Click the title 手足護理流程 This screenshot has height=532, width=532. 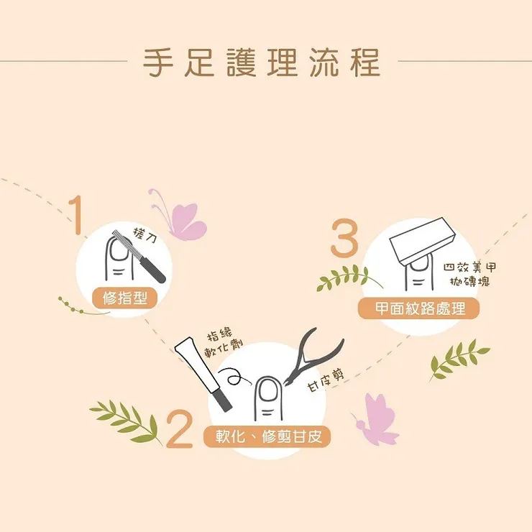[262, 62]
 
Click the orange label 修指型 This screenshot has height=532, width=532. [124, 297]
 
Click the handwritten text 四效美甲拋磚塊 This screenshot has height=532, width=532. [469, 274]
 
